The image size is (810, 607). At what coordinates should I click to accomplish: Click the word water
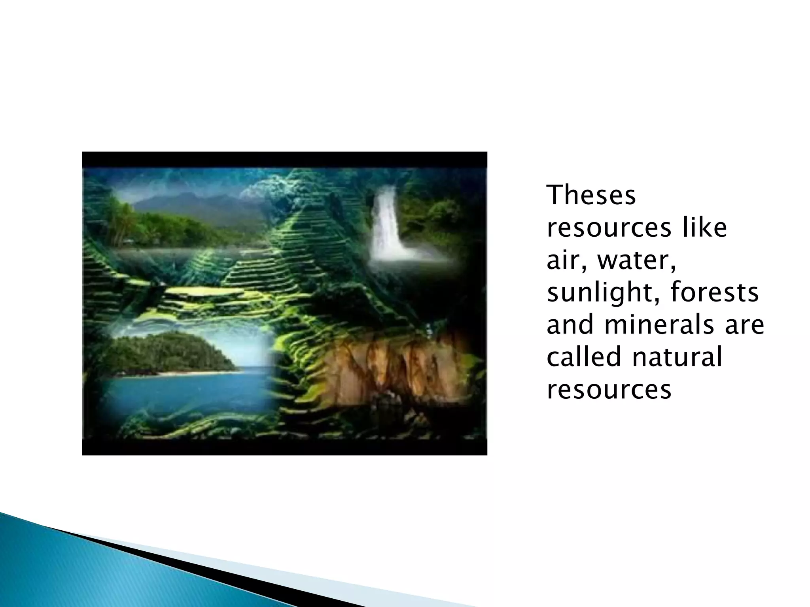point(636,262)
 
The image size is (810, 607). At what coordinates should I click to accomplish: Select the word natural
point(677,357)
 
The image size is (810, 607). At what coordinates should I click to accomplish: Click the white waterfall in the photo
point(386,225)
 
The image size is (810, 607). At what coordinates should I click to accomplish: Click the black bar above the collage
point(285,160)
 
